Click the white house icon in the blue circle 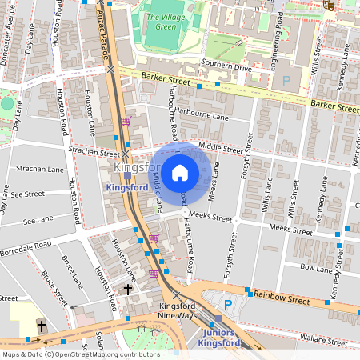tap(180, 172)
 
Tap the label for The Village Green tap(160, 18)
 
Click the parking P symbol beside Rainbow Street tap(228, 304)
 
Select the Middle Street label tap(220, 147)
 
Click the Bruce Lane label tap(72, 270)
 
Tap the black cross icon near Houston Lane tap(127, 287)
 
